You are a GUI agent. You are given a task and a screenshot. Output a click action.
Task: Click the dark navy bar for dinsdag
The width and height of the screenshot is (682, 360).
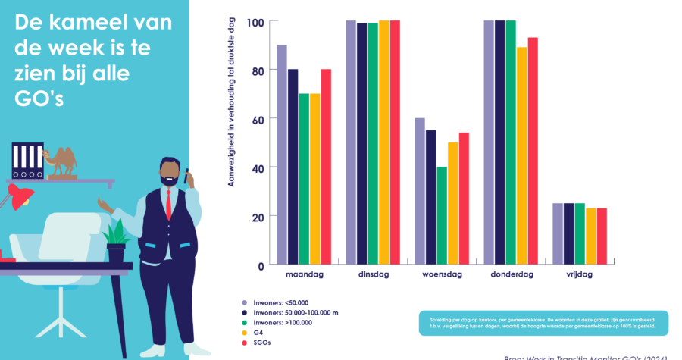[362, 144]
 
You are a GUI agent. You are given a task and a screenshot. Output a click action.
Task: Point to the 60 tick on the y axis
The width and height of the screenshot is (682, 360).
[258, 119]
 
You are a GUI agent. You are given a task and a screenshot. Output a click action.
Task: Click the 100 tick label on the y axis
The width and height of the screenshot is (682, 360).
[255, 22]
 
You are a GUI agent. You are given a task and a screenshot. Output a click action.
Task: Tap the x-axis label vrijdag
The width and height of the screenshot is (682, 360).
[580, 274]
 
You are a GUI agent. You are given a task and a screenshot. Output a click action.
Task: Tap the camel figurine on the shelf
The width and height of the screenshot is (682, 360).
[61, 161]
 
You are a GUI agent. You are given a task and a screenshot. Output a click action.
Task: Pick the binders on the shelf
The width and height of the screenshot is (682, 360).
[28, 161]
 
